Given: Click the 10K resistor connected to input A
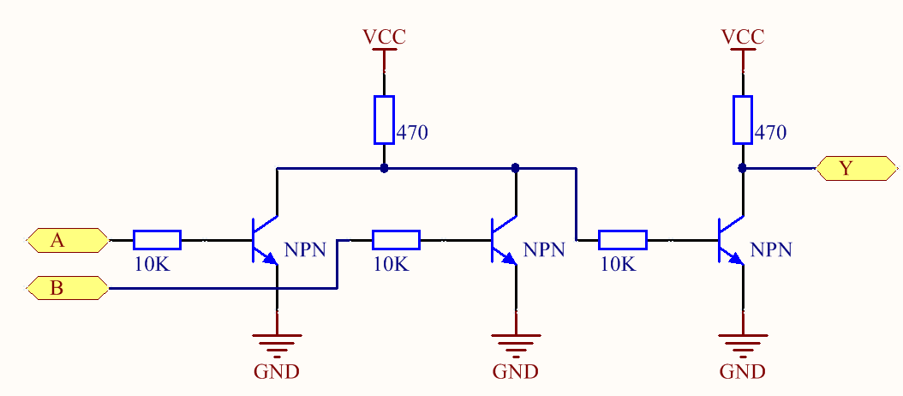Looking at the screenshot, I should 157,240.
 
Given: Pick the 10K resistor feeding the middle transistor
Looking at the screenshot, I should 395,240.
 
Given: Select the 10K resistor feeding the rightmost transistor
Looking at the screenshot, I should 622,240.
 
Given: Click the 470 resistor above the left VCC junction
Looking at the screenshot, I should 384,119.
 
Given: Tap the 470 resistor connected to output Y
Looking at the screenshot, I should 743,119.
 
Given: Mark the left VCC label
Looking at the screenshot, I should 384,38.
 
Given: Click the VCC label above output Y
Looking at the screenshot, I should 743,38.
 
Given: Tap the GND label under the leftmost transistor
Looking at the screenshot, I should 277,372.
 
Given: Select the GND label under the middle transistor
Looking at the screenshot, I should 516,372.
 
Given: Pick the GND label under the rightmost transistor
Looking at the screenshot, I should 743,372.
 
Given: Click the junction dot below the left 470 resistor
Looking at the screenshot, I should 384,168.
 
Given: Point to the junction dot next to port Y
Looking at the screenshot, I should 743,169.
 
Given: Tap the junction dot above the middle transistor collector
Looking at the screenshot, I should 516,168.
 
